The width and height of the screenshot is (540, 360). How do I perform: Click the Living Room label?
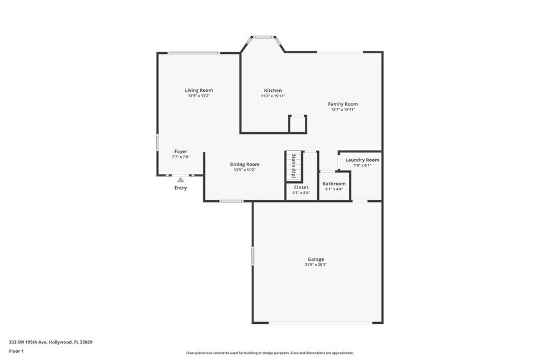tap(199, 90)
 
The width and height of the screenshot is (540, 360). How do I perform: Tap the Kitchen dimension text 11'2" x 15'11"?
tap(272, 96)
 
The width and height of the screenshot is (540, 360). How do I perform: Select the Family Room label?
tap(343, 104)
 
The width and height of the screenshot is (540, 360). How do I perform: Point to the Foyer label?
tap(181, 151)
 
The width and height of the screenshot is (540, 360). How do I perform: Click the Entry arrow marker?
tap(180, 180)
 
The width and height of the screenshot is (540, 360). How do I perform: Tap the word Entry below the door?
tap(181, 188)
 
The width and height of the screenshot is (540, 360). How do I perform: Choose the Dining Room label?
tap(244, 164)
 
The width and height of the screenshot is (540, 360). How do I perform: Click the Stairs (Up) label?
tap(294, 166)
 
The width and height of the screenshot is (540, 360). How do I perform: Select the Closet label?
tap(301, 187)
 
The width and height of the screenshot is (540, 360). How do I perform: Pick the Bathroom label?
tap(334, 184)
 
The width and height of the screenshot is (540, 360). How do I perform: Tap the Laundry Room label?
tap(362, 160)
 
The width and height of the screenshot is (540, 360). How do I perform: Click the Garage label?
tap(316, 259)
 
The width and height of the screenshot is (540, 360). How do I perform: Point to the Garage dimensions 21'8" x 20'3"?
tap(316, 265)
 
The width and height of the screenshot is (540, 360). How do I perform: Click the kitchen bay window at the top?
tap(264, 37)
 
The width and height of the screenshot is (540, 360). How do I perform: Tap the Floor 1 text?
tap(16, 351)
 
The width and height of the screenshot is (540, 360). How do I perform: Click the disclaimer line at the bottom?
tap(269, 353)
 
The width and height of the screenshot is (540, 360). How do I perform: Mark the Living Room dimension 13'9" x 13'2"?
tap(199, 96)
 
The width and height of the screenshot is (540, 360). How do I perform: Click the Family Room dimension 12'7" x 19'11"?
tap(343, 110)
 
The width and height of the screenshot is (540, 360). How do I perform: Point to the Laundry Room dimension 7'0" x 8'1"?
tap(362, 165)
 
